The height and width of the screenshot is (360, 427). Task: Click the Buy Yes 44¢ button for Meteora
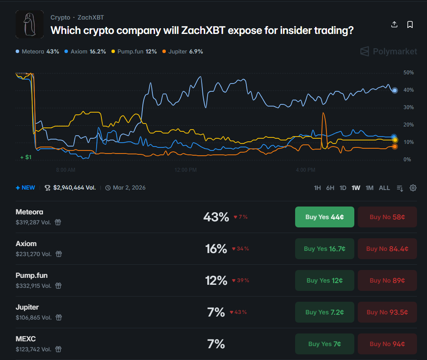(324, 217)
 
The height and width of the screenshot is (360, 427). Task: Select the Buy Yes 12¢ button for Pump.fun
(324, 280)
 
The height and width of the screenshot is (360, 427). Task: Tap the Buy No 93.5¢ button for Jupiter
(387, 312)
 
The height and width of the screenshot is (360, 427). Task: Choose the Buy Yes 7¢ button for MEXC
(324, 344)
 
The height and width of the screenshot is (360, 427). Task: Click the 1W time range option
(356, 188)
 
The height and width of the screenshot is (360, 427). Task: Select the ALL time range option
(384, 188)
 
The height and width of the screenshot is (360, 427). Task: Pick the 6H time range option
(330, 188)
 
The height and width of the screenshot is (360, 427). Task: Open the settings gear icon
(413, 188)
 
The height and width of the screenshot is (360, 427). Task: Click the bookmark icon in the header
(410, 24)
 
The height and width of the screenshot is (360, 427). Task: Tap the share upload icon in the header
(394, 24)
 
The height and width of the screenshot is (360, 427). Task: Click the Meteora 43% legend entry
(37, 51)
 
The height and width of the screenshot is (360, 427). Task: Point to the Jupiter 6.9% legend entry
(182, 51)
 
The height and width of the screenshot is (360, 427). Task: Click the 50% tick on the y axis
(408, 73)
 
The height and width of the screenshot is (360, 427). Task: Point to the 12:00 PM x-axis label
(185, 170)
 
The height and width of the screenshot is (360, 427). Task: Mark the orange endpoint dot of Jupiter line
(395, 147)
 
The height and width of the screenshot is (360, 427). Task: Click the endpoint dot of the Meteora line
(395, 90)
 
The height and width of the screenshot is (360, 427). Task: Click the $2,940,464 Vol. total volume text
(74, 188)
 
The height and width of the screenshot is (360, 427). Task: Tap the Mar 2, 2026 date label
(129, 188)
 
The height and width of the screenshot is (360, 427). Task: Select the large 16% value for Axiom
(216, 249)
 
